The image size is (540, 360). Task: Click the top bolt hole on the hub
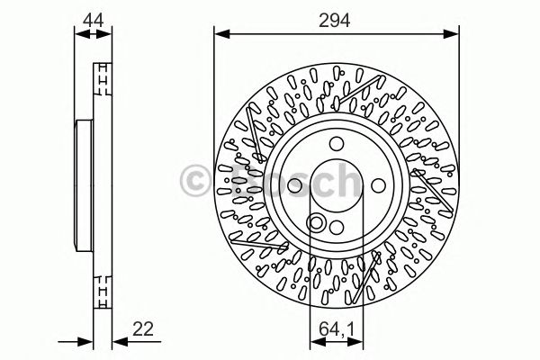point(334,141)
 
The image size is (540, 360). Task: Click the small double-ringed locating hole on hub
point(317,222)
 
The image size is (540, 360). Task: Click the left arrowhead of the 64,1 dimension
point(311,342)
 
